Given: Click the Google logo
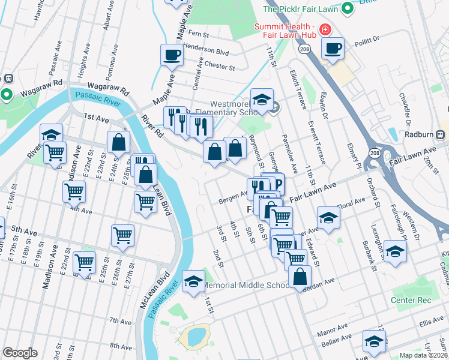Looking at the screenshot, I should (20, 353).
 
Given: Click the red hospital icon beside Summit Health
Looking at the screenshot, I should (325, 29).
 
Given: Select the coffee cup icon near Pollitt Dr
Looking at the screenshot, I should (333, 49).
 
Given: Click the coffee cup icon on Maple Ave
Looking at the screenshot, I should (172, 56).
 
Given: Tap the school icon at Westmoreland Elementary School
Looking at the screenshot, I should (262, 100).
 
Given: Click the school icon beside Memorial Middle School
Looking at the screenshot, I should (193, 281).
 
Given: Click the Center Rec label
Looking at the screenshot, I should (411, 299).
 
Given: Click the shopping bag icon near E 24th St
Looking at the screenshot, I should (118, 143).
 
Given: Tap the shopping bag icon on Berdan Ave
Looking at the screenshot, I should (300, 277).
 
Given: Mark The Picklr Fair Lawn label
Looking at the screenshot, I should (301, 9).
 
